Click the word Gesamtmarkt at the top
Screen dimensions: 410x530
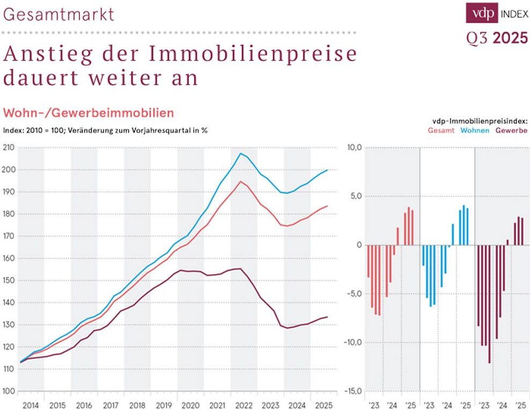coord(59,13)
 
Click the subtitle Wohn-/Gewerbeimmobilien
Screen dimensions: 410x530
coord(89,113)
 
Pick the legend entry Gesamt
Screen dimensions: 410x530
coord(441,130)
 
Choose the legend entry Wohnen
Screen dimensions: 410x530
coord(475,130)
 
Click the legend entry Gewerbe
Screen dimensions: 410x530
coord(511,130)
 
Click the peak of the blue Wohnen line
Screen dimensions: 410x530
coord(241,154)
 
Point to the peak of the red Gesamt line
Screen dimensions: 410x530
coord(241,182)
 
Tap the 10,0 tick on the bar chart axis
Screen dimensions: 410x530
coord(355,147)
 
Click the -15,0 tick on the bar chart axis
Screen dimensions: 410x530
coord(354,391)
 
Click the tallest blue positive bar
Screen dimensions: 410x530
coord(463,225)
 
